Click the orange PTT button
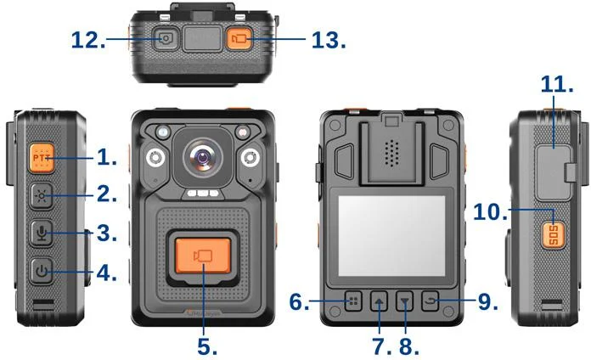click(42, 158)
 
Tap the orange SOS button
click(554, 235)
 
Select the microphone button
click(42, 233)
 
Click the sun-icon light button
click(42, 196)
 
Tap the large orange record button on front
click(203, 256)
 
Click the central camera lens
click(203, 156)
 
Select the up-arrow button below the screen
click(379, 301)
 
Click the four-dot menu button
click(353, 301)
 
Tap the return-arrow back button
click(431, 301)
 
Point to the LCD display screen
click(391, 236)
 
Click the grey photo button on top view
click(165, 38)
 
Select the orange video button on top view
click(239, 38)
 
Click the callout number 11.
click(557, 84)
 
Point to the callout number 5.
click(207, 346)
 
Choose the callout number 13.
click(329, 40)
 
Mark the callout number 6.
click(299, 302)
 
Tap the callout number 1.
click(107, 157)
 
